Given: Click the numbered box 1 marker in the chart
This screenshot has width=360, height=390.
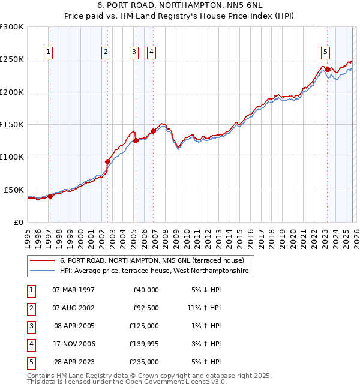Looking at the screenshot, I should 48,53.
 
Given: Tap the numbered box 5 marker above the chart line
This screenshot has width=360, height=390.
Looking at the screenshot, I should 325,53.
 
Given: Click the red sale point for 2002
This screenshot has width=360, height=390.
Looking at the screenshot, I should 107,161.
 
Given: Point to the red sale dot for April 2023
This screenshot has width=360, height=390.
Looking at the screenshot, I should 328,69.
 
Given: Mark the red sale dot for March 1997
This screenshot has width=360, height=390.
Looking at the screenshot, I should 50,196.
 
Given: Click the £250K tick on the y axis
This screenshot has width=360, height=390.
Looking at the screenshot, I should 12,59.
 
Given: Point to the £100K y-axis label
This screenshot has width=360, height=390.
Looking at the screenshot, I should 12,157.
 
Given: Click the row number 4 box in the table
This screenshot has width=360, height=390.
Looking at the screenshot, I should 30,344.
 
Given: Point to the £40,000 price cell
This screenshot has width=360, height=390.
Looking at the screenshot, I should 145,290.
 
